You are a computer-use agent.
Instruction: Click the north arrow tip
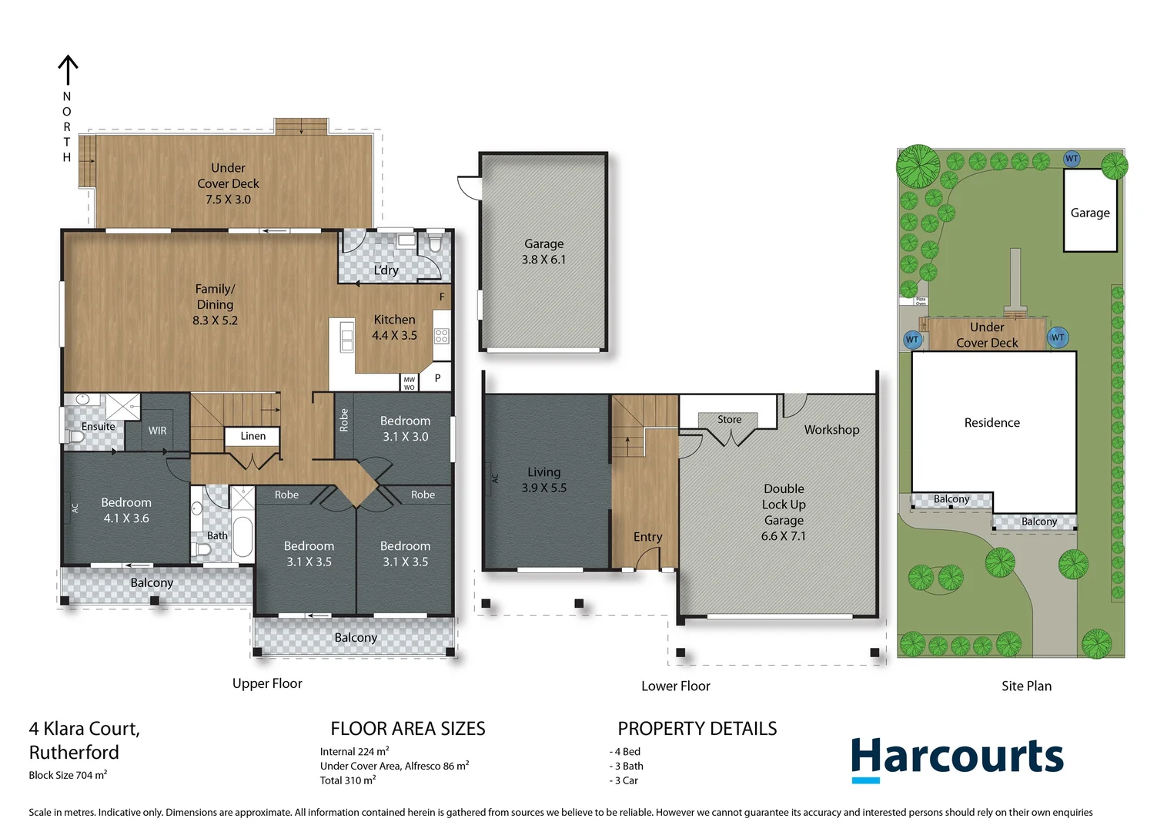tap(68, 57)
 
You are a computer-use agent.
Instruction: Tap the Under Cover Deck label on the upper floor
tap(228, 183)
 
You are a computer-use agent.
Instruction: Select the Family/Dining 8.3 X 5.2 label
tap(215, 304)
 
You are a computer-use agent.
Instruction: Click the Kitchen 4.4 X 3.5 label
tap(394, 327)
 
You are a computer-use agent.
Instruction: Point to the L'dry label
tap(386, 270)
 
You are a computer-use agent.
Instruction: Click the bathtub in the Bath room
tap(242, 536)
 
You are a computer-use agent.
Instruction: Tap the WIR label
tap(157, 431)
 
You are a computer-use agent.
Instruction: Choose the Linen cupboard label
tap(252, 436)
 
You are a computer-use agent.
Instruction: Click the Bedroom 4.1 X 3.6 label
tap(126, 510)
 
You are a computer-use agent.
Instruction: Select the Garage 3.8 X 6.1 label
tap(543, 252)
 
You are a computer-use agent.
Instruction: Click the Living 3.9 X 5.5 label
tap(543, 480)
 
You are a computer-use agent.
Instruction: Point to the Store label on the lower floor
tap(729, 420)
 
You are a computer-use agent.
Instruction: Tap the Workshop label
tap(831, 430)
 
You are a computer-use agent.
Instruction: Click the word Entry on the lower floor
tap(647, 537)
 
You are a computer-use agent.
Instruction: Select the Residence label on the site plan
tap(991, 423)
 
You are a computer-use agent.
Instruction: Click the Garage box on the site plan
tap(1089, 213)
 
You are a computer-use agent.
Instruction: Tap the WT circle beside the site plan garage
tap(1072, 159)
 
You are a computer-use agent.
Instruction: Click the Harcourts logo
tap(957, 758)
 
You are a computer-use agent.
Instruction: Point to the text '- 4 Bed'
tap(625, 752)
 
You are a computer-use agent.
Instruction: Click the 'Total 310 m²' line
tap(348, 780)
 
